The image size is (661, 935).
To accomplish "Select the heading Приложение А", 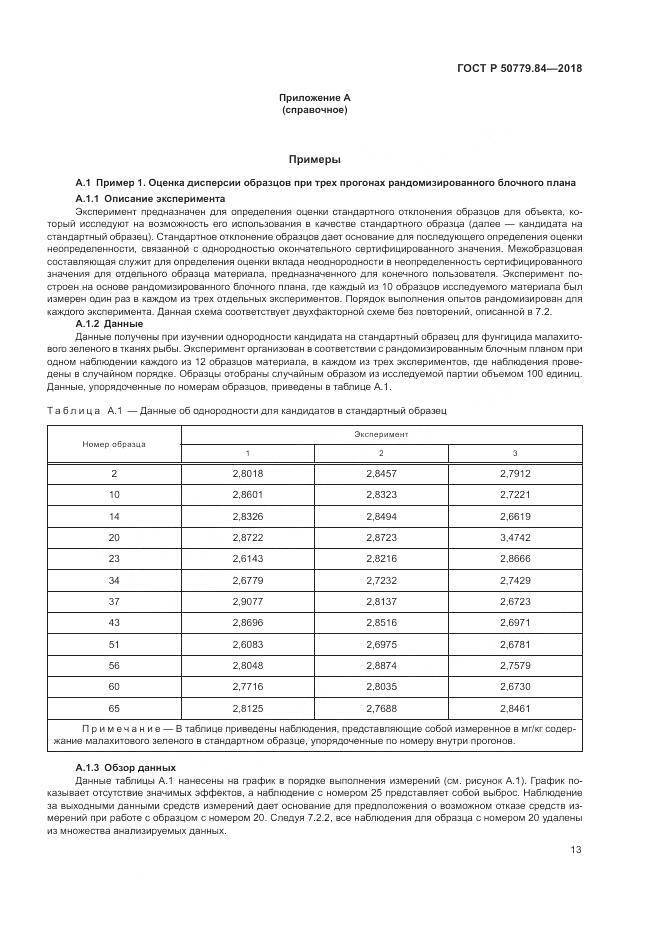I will point(314,97).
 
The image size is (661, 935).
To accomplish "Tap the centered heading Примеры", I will point(314,159).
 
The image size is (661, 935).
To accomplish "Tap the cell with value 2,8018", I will point(247,473).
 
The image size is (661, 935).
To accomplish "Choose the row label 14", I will point(114,515).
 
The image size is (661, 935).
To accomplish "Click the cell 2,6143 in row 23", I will point(247,557).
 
